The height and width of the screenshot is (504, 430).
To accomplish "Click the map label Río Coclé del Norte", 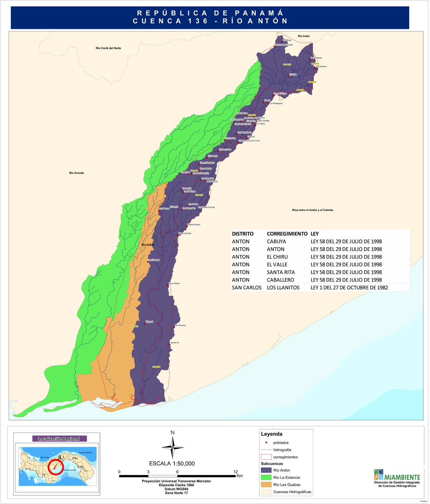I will point(108,48).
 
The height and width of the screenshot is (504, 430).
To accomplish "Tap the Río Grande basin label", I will point(76,173).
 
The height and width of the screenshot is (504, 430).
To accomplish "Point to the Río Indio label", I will point(304,36).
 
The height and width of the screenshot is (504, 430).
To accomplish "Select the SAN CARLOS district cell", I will point(247,288).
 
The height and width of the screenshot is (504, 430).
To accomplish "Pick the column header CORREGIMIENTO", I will point(287,234).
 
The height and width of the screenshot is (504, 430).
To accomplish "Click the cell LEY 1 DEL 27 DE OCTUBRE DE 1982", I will point(349,288).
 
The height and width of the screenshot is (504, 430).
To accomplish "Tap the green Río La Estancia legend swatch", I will point(266,477).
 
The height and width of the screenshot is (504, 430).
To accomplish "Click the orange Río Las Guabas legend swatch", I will point(266,485).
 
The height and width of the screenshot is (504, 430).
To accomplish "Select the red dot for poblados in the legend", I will point(266,443).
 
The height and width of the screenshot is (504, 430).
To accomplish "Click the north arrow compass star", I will point(172,447).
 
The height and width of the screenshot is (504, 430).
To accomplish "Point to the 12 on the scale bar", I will point(235,472).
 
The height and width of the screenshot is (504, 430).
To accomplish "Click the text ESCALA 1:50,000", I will point(172,463).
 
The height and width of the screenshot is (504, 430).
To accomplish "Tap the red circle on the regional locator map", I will point(55,467).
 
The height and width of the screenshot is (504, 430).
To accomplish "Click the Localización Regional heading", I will point(59,439).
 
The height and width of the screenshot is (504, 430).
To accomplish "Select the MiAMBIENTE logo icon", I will point(378,475).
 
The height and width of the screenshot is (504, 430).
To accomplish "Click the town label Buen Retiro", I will point(174,283).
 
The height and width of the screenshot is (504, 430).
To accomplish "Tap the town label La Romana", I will point(180,325).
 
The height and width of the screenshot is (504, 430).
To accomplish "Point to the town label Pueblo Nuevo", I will point(194,225).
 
